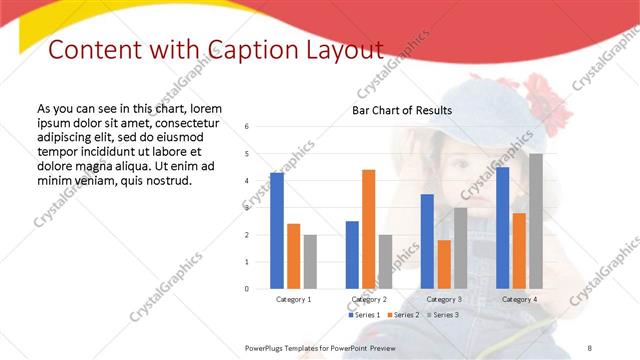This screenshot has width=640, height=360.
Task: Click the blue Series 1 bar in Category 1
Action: [277, 231]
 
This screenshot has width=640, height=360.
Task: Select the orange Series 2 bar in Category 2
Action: [369, 229]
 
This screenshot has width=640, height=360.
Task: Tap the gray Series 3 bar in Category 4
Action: [536, 221]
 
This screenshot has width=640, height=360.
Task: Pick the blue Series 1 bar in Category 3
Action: [427, 241]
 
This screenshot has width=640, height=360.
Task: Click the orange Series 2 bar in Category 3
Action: [444, 264]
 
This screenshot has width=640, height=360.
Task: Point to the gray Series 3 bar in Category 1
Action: [310, 262]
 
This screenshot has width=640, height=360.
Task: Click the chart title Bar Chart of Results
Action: [402, 110]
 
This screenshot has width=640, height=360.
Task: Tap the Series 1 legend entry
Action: [364, 315]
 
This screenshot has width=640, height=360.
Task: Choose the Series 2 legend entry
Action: [403, 315]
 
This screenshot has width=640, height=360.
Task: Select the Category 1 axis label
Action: [293, 299]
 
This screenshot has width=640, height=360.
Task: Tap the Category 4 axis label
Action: [519, 299]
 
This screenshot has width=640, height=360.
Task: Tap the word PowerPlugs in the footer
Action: [266, 347]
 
